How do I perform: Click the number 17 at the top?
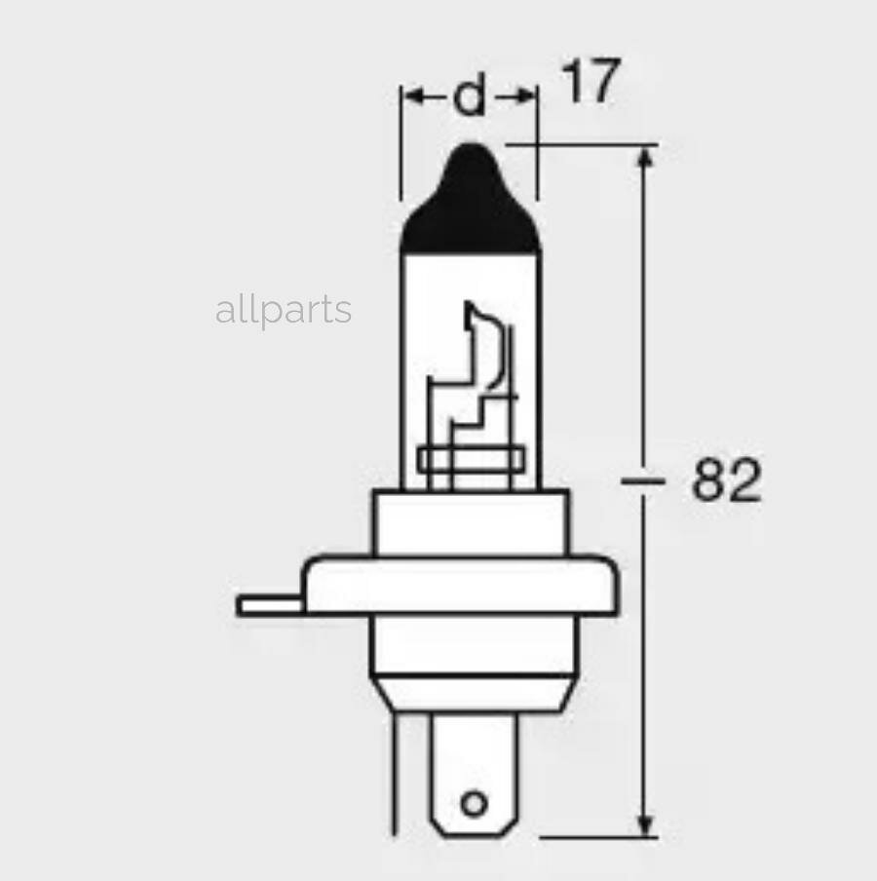tap(591, 82)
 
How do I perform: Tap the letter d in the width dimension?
tap(470, 96)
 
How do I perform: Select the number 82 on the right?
tap(726, 480)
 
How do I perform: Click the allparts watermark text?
tap(283, 311)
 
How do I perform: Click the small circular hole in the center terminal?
tap(474, 803)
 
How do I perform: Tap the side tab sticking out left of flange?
tap(269, 605)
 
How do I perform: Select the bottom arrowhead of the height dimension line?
tap(643, 824)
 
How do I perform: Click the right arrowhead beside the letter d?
tap(526, 96)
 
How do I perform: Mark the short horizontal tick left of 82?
tap(643, 480)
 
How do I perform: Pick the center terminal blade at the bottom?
tap(474, 770)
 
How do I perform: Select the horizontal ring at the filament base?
tap(471, 458)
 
